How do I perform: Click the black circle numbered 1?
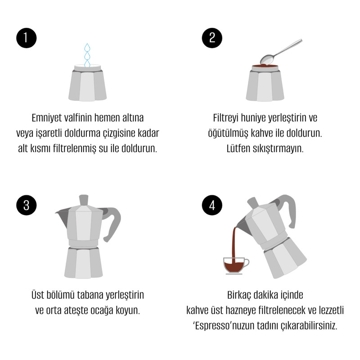(x=27, y=38)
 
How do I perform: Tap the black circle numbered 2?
(x=212, y=38)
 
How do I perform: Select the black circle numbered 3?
(x=27, y=205)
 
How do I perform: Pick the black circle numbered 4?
(x=212, y=205)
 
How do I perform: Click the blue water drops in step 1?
(x=87, y=55)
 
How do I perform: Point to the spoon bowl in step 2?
(x=267, y=59)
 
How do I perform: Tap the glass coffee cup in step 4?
(x=235, y=265)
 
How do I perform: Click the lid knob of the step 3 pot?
(x=84, y=200)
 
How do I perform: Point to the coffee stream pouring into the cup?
(x=234, y=243)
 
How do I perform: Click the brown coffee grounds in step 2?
(x=265, y=66)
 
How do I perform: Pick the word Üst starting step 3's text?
(x=38, y=295)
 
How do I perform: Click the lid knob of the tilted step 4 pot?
(x=253, y=203)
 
